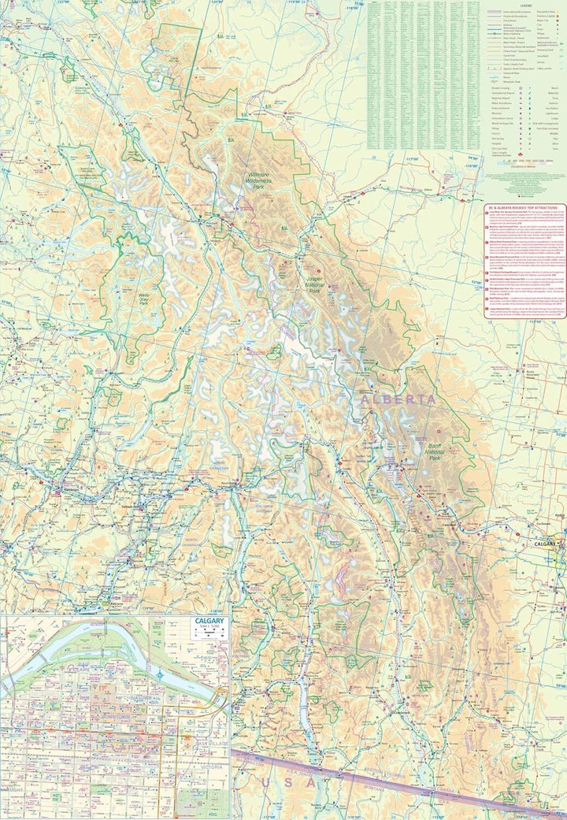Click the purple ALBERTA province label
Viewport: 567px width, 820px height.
coord(398,400)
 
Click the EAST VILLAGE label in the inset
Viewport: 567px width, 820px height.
coord(211,744)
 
